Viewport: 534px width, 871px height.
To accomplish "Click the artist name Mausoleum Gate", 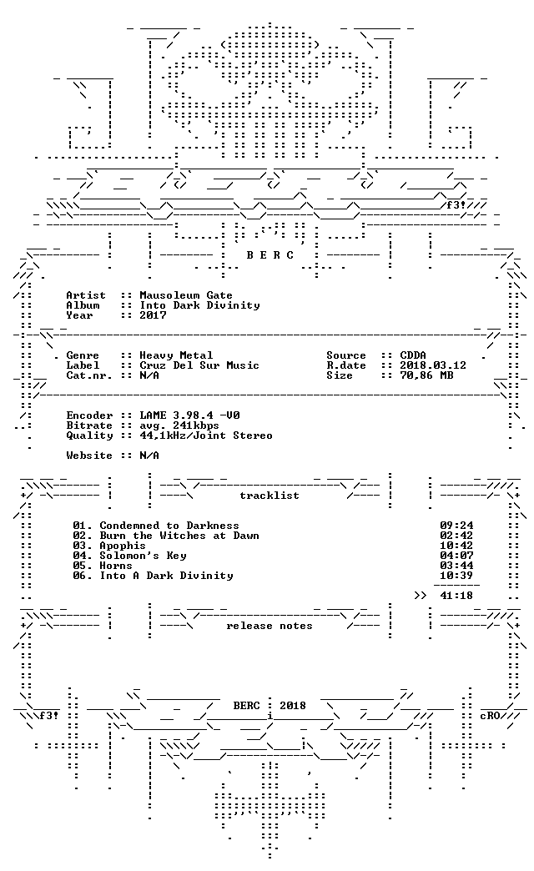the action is tap(186, 295).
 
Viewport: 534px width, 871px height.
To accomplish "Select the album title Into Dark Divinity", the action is tap(199, 305).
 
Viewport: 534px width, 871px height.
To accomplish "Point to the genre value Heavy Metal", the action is tap(176, 355).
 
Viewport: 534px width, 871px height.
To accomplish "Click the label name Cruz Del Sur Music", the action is tap(199, 365).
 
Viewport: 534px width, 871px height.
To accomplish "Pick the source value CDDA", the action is tap(413, 355).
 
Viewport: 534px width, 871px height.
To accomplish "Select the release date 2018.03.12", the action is tap(433, 365).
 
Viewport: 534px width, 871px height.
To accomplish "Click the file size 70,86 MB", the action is tap(426, 375).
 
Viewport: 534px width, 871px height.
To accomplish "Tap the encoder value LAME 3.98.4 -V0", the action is tap(189, 415).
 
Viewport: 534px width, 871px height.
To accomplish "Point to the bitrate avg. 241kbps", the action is tap(179, 425).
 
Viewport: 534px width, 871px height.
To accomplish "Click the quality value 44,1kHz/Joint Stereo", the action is tap(206, 435).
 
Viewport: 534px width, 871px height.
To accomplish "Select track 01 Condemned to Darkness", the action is tap(156, 526).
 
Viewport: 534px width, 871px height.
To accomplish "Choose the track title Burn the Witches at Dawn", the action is tap(179, 536).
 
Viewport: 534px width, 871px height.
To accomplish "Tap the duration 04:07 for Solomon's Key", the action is tap(456, 556).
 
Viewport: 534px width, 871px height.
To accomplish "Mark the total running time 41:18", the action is tap(456, 596).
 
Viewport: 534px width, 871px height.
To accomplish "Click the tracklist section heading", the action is tap(270, 496).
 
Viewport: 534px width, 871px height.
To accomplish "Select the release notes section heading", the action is tap(270, 626).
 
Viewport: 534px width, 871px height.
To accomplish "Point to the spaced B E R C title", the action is tap(270, 255).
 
